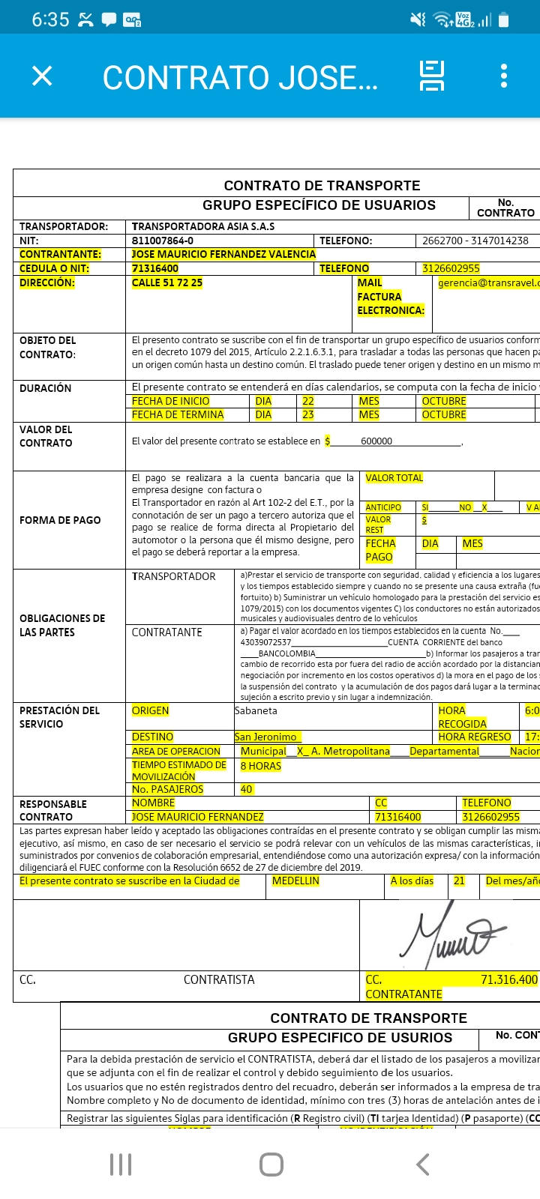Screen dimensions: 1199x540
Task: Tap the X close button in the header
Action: coord(43,76)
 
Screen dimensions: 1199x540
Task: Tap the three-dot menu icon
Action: coord(504,76)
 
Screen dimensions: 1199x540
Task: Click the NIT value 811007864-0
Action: coord(163,241)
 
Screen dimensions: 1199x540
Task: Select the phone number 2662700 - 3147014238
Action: coord(475,241)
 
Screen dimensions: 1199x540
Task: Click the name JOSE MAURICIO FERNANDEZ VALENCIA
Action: coord(223,254)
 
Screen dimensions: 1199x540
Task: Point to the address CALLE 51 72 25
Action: coord(167,283)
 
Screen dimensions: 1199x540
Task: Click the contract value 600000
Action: coord(376,441)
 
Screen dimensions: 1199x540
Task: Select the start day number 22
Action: coord(307,401)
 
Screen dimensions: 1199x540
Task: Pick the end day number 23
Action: coord(307,414)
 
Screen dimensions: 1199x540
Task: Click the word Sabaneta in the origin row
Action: coord(256,710)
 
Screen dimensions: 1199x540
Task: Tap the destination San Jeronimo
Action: coord(267,737)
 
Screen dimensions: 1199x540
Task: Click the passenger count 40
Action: coord(246,789)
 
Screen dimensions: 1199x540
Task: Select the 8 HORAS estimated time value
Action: coord(260,766)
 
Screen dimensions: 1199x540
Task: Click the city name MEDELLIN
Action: coord(295,881)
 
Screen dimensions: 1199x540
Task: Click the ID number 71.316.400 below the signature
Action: coord(508,979)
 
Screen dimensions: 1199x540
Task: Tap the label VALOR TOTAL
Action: coord(394,477)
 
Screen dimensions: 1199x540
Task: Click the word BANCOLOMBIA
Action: coord(286,653)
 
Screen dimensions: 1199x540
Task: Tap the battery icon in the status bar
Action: coord(503,19)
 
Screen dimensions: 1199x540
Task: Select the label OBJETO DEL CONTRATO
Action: coord(48,347)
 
